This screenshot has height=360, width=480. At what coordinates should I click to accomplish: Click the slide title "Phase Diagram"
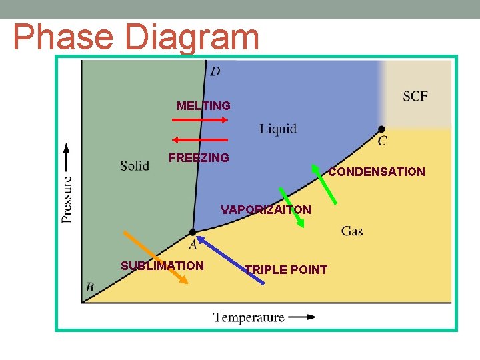pos(136,37)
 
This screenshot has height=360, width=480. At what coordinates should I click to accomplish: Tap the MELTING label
pos(203,106)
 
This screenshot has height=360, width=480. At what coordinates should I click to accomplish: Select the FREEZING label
pos(199,158)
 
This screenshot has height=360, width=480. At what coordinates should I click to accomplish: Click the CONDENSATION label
pos(377,172)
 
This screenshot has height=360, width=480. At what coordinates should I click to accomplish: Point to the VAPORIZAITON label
pos(266,210)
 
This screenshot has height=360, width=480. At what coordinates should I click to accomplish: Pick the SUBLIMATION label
pos(162,266)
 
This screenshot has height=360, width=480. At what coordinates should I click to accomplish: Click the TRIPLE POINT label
pos(286,270)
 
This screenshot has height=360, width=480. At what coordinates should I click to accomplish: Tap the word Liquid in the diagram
pos(278,129)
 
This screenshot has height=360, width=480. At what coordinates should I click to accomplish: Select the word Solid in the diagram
pos(135,165)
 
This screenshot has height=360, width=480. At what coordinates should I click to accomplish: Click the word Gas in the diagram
pos(352,231)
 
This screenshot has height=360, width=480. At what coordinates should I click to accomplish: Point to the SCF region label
pos(415,97)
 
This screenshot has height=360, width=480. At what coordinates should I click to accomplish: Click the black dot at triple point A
pos(193,232)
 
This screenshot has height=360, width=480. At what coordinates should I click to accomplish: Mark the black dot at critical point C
pos(381,129)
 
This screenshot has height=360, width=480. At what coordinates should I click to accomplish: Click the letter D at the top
pos(215,71)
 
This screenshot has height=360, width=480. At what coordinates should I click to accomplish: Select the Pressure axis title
pos(67,190)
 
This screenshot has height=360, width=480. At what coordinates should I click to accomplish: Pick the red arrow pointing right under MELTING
pos(200,120)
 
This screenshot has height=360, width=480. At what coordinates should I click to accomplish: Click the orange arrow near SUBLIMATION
pos(155,257)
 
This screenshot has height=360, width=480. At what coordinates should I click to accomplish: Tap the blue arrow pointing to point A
pos(230,259)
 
